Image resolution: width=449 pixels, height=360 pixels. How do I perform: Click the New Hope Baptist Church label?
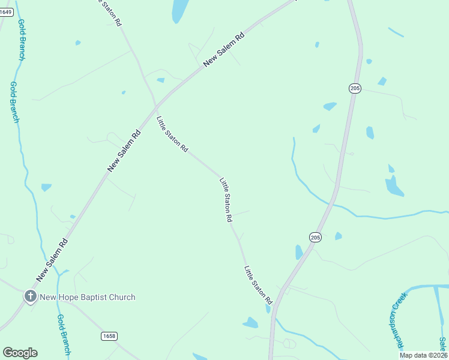pos(87,297)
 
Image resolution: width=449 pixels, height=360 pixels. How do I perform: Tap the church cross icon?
pos(30,296)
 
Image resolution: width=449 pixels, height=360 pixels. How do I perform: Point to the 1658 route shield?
pos(109,335)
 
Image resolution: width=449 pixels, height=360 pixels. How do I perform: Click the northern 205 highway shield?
pos(355,88)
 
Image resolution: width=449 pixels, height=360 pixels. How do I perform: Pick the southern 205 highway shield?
pos(316,238)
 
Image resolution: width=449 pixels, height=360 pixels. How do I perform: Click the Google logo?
pos(20,353)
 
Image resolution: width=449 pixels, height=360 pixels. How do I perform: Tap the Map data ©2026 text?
pos(423,355)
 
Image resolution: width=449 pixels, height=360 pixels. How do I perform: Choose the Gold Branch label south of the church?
pos(63,335)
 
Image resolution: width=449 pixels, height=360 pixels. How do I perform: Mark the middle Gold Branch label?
pos(15,103)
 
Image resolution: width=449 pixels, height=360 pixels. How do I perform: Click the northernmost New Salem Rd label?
pos(224,49)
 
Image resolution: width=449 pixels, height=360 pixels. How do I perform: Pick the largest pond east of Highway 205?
pos(394,186)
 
